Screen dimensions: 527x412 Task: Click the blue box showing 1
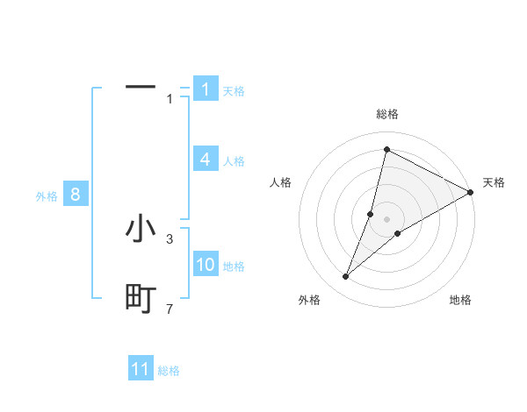tap(205, 89)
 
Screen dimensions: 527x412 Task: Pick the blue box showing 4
tap(205, 160)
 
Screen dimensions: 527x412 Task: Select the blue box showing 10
tap(206, 266)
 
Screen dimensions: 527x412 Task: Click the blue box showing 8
tap(76, 195)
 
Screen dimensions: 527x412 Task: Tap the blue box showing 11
tap(141, 369)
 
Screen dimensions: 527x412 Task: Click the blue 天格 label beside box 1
tap(234, 90)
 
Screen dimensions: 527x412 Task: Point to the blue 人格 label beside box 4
tap(234, 161)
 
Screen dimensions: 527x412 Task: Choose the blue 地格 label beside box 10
tap(234, 266)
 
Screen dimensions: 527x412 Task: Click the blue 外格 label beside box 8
tap(47, 196)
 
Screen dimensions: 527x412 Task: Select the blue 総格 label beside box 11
tap(169, 371)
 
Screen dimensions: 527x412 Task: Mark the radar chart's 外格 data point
tap(346, 277)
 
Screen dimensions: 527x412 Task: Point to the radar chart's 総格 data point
tap(386, 150)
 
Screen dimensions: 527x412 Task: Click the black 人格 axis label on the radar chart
tap(281, 182)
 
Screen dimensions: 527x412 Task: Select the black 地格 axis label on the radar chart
tap(460, 300)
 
